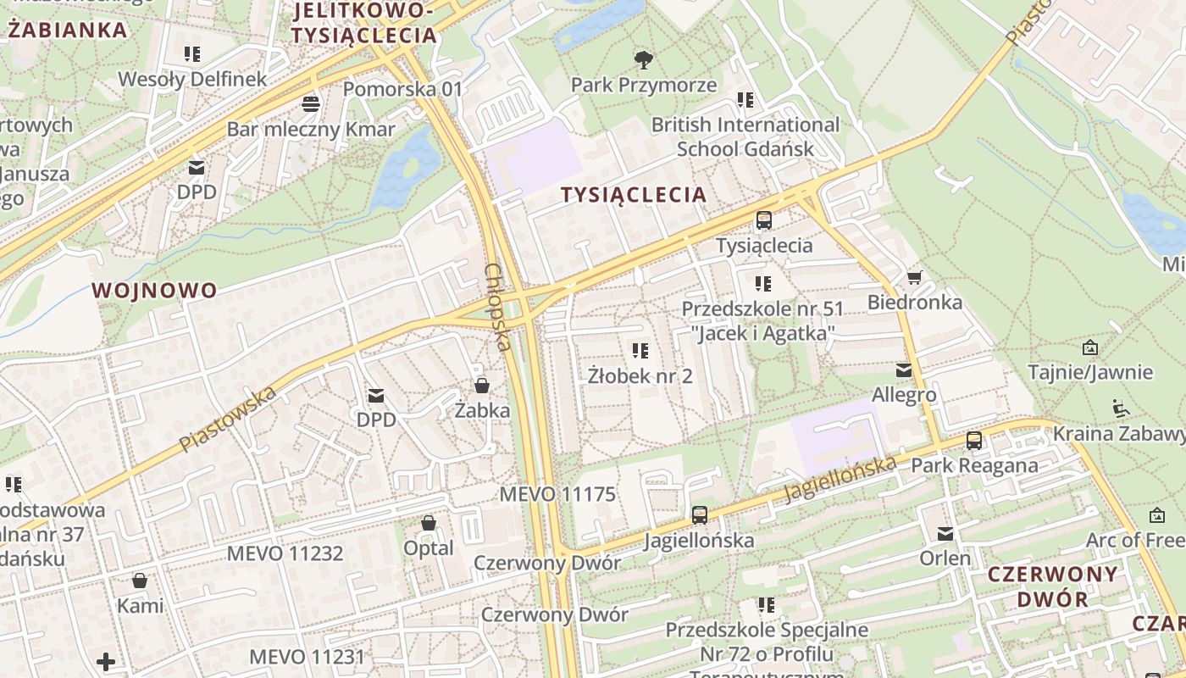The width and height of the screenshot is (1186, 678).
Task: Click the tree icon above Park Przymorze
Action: (644, 59)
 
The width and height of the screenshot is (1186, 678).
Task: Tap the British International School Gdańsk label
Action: (745, 136)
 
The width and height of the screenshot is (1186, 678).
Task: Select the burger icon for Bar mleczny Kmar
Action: (311, 104)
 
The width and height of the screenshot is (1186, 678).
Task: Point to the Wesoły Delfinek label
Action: (192, 80)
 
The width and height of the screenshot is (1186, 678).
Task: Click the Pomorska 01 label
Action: (403, 89)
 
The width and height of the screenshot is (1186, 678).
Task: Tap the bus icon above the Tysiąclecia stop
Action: (764, 220)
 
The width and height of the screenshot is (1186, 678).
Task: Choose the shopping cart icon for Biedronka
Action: (914, 277)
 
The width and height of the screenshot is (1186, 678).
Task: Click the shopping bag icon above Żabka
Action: (482, 386)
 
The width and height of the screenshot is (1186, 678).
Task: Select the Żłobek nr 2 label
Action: (640, 375)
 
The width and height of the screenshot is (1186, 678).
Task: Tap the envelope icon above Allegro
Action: (904, 370)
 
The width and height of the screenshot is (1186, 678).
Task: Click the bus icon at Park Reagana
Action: (974, 441)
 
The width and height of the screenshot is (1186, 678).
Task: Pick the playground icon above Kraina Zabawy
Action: (1120, 408)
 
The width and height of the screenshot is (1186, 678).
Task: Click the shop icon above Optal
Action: (429, 523)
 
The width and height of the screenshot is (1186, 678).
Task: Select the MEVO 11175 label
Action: (557, 494)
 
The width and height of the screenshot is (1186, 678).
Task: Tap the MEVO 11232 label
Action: (285, 553)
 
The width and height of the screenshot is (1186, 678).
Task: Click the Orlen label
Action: (945, 559)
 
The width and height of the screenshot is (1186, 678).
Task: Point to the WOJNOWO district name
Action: (154, 291)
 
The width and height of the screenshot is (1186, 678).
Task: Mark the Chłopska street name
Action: (497, 307)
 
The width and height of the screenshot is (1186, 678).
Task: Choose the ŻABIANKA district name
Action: (68, 31)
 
